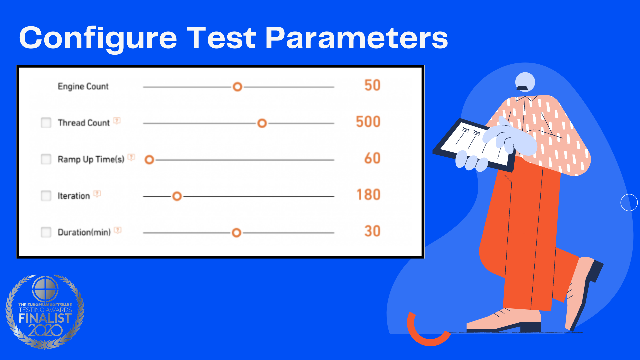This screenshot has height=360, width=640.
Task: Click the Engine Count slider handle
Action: point(237,87)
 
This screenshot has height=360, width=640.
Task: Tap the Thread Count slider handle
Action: point(262,123)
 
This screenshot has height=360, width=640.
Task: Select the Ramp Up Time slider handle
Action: point(149,160)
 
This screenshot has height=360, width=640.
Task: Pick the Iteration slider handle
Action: point(177,196)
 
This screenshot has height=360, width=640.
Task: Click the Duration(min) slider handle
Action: point(236,233)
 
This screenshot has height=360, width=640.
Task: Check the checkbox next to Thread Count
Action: point(46,123)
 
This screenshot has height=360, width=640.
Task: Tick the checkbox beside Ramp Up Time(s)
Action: point(46,159)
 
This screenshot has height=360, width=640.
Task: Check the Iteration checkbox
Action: point(46,196)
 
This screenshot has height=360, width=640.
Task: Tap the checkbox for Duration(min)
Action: point(46,232)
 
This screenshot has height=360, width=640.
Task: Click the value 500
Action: point(368,122)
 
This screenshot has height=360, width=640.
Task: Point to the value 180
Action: point(369,195)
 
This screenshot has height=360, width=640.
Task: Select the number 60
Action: point(372,158)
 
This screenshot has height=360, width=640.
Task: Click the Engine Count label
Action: point(83,86)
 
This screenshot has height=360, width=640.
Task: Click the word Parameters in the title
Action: point(357,38)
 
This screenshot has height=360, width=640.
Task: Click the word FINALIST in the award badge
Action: point(45,318)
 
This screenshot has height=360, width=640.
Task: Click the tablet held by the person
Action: point(473,145)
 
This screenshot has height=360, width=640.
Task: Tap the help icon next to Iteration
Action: point(97,194)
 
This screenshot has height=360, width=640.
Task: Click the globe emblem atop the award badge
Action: point(45,289)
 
